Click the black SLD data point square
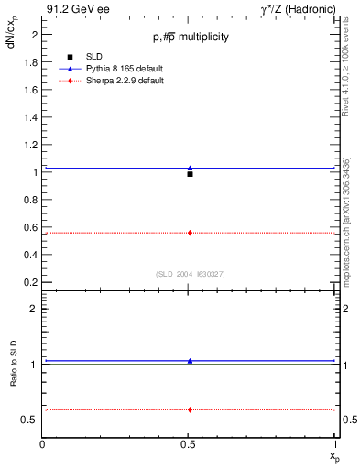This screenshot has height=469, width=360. [190, 174]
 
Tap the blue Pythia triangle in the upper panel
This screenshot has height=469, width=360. [190, 168]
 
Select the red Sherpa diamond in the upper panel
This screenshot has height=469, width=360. [190, 233]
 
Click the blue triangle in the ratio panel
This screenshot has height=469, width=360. [190, 361]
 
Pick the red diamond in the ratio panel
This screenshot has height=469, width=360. [190, 409]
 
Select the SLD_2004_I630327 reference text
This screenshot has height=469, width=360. [191, 274]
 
